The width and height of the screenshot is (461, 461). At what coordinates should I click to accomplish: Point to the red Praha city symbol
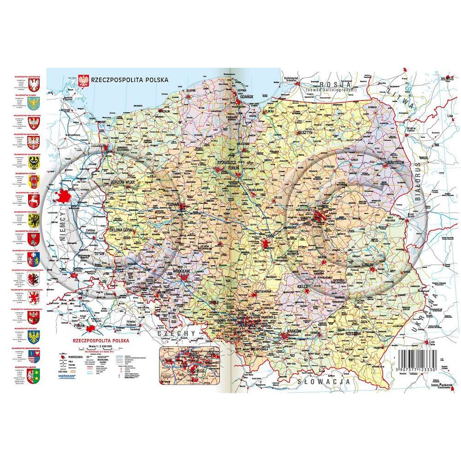95,329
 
